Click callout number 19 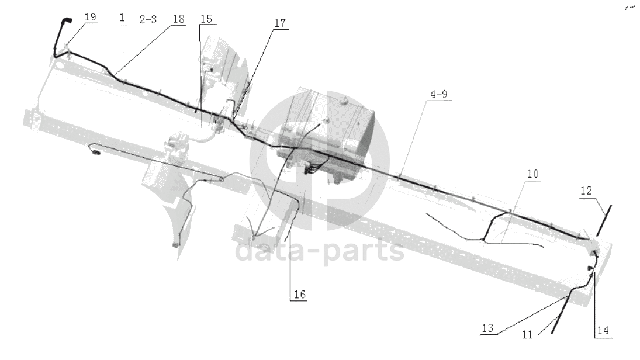click(x=90, y=17)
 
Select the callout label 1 click(x=122, y=18)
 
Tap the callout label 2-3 click(x=148, y=19)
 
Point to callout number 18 click(x=178, y=19)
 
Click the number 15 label click(x=206, y=19)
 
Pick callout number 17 click(x=280, y=23)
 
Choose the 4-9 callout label click(x=439, y=94)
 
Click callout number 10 click(x=532, y=174)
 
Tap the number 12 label click(x=586, y=191)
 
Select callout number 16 click(x=300, y=295)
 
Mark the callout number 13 click(x=487, y=328)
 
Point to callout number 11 click(x=527, y=335)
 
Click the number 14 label click(x=603, y=330)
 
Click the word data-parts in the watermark click(x=319, y=251)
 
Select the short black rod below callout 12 click(x=604, y=220)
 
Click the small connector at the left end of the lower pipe click(x=97, y=153)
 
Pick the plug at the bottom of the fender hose click(x=175, y=244)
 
